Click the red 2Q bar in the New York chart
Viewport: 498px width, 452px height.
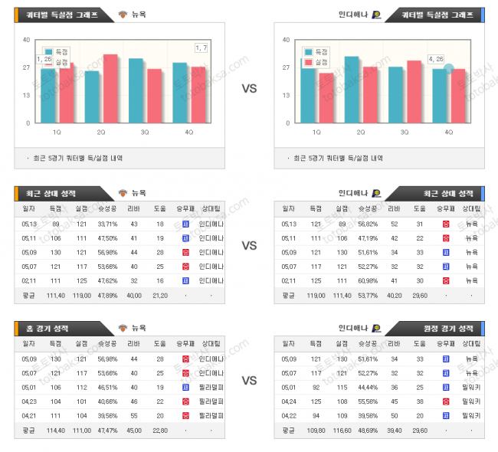[110, 88]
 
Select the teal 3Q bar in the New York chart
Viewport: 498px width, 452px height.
[136, 90]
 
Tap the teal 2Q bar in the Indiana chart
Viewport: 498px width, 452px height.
[352, 89]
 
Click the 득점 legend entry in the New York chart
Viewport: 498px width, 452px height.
[57, 51]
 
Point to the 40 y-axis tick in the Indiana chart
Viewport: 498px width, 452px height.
[287, 40]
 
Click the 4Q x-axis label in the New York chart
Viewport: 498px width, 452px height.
[189, 132]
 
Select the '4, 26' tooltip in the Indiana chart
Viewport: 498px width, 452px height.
[436, 58]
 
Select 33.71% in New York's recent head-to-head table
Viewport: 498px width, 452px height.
[107, 224]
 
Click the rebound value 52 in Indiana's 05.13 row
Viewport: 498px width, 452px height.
[393, 224]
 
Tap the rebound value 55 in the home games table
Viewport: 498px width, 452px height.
[134, 415]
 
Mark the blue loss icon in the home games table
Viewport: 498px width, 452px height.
[185, 387]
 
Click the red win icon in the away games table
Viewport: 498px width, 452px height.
[446, 401]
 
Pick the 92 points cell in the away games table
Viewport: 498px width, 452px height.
[315, 387]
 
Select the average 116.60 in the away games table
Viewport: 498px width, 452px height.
[341, 430]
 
